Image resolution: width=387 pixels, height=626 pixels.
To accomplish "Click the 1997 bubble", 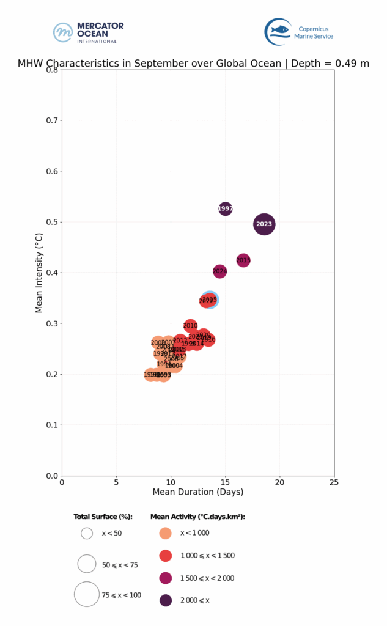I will click(x=226, y=209).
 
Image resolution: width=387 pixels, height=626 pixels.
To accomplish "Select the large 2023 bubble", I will click(x=264, y=224).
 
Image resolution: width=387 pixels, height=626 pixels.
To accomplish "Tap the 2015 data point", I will click(x=243, y=260).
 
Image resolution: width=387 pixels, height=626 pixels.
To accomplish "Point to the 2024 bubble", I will click(x=220, y=271).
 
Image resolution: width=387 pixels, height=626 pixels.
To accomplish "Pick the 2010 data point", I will click(x=191, y=326).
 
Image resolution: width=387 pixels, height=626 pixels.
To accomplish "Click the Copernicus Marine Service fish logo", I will click(x=278, y=31).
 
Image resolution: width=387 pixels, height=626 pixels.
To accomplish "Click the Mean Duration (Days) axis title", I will click(x=197, y=492).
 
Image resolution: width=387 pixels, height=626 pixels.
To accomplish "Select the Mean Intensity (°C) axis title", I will click(x=39, y=273).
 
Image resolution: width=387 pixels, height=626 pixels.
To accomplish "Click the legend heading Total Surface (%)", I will click(x=103, y=517).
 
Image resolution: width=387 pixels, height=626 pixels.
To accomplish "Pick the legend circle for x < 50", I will click(x=87, y=533).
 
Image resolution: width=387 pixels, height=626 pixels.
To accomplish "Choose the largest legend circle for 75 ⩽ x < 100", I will click(x=87, y=594).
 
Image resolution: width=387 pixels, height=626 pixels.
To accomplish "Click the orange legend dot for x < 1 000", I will click(x=165, y=533).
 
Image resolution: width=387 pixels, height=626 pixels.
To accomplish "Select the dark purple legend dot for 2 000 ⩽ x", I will click(x=165, y=600).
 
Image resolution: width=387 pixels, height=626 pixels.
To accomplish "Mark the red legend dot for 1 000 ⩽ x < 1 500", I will click(x=165, y=556).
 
